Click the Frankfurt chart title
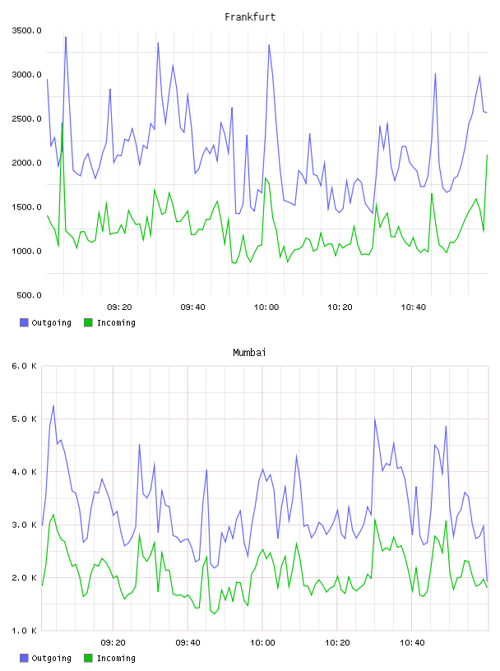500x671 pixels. [250, 16]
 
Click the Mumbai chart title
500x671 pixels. [249, 352]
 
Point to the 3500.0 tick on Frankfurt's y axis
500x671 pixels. [26, 30]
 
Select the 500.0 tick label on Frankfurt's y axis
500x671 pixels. [29, 295]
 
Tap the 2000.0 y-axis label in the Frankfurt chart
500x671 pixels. [26, 163]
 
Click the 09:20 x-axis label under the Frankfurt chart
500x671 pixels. [119, 308]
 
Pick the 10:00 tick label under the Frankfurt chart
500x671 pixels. [266, 308]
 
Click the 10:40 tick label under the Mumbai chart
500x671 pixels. [412, 643]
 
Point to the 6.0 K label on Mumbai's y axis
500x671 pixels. [24, 366]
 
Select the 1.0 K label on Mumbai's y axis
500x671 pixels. [24, 631]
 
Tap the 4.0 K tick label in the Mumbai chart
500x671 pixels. [24, 471]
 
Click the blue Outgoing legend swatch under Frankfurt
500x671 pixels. [24, 322]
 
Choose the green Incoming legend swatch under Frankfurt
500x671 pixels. [88, 322]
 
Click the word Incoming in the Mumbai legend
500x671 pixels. [116, 658]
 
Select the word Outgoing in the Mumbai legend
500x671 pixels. [51, 658]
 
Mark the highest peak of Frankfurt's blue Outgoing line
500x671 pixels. [66, 37]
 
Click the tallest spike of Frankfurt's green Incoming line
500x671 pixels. [62, 123]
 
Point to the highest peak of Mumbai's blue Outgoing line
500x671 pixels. [53, 405]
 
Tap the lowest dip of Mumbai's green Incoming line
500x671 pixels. [214, 613]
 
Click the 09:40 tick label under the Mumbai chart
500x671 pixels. [188, 643]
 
